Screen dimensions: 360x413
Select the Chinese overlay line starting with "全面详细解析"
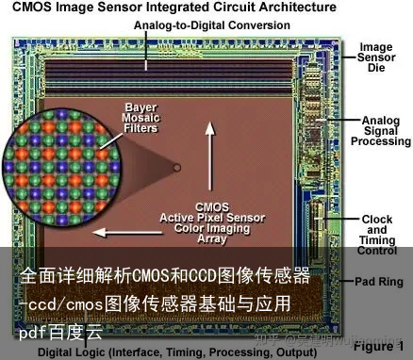pyautogui.click(x=166, y=276)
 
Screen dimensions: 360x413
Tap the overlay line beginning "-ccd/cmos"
pyautogui.click(x=156, y=303)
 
